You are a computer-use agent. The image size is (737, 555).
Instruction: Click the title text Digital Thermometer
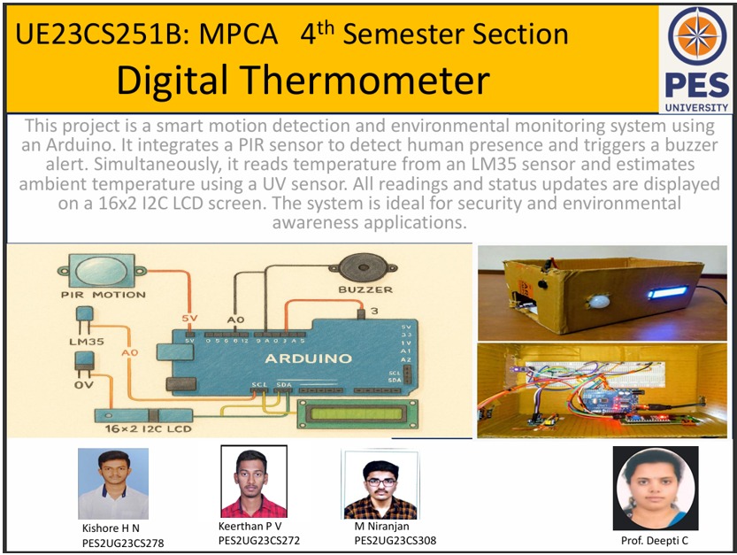(303, 81)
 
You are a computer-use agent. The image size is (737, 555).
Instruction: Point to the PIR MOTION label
(92, 294)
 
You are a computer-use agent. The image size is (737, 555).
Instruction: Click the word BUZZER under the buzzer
(365, 289)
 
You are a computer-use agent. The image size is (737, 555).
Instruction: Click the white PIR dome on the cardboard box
(602, 301)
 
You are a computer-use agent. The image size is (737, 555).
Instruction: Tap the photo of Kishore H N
(112, 483)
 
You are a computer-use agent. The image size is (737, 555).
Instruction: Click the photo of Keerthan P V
(253, 483)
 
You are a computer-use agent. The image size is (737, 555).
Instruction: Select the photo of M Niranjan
(380, 484)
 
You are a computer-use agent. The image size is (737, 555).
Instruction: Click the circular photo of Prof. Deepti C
(656, 489)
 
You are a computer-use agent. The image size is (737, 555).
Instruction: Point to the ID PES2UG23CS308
(395, 541)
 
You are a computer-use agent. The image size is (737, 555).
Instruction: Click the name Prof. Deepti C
(655, 540)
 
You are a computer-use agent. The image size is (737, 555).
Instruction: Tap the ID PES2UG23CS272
(259, 540)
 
